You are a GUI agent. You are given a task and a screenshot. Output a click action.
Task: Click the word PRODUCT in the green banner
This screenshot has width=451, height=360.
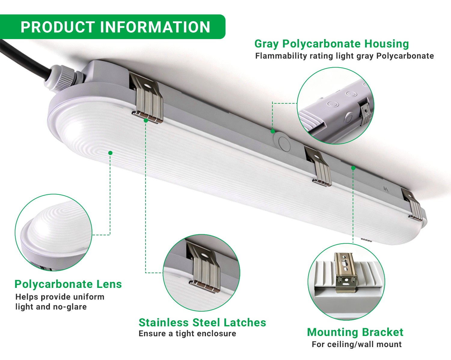click(x=58, y=27)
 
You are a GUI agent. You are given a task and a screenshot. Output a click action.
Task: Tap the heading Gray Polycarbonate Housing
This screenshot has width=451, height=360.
click(x=332, y=44)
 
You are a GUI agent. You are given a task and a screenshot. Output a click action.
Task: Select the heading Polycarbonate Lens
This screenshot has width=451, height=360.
click(x=68, y=285)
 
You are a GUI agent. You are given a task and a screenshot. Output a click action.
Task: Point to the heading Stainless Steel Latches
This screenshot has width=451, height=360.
click(x=202, y=322)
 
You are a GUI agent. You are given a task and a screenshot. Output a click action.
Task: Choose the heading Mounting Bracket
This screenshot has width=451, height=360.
click(x=355, y=332)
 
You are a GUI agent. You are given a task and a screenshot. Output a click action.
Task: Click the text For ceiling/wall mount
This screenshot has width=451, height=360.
click(x=357, y=344)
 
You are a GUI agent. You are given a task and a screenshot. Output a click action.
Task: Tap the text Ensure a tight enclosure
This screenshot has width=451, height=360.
click(x=187, y=333)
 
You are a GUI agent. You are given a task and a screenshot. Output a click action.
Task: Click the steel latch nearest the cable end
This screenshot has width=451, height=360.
click(x=147, y=98)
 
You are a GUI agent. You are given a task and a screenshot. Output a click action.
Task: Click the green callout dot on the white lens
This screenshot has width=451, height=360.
click(x=110, y=153)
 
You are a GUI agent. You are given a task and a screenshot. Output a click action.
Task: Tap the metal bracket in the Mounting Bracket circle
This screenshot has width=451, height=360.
click(x=345, y=272)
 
